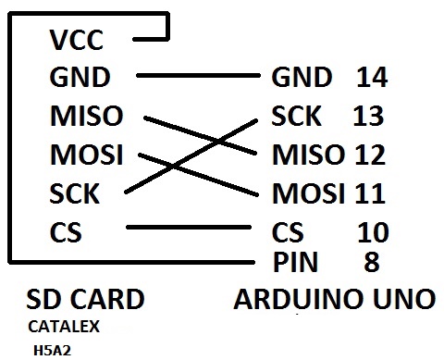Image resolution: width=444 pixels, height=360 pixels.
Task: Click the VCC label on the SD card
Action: pyautogui.click(x=77, y=40)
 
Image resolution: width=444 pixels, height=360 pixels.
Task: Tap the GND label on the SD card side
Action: pyautogui.click(x=80, y=77)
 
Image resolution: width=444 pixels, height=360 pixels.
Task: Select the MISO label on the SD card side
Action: pyautogui.click(x=87, y=116)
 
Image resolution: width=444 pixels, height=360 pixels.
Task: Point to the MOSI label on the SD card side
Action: pyautogui.click(x=87, y=155)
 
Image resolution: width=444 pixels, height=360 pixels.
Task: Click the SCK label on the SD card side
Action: pyautogui.click(x=75, y=193)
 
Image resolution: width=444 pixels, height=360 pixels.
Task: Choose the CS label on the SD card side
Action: pyautogui.click(x=66, y=232)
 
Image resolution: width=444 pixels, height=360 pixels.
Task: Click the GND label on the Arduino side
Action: pyautogui.click(x=302, y=77)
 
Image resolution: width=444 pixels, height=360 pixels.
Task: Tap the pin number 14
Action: pyautogui.click(x=372, y=77)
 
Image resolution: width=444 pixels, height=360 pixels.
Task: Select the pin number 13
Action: pyautogui.click(x=368, y=116)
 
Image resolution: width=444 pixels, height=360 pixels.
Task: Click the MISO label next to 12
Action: pyautogui.click(x=308, y=155)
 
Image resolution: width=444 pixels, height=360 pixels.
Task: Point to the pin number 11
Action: pyautogui.click(x=370, y=193)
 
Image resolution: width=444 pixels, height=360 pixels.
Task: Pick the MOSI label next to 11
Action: pyautogui.click(x=308, y=193)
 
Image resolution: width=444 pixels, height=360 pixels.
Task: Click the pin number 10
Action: pyautogui.click(x=373, y=232)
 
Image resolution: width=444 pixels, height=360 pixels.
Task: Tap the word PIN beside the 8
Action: pyautogui.click(x=295, y=262)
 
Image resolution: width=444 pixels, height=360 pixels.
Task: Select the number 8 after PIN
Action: pyautogui.click(x=372, y=262)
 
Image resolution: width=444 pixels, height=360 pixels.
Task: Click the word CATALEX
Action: pyautogui.click(x=64, y=327)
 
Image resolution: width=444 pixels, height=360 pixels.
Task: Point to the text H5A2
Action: pyautogui.click(x=52, y=351)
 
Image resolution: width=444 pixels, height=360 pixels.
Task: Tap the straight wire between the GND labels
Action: pyautogui.click(x=198, y=76)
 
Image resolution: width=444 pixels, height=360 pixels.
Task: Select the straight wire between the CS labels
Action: pyautogui.click(x=189, y=228)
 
